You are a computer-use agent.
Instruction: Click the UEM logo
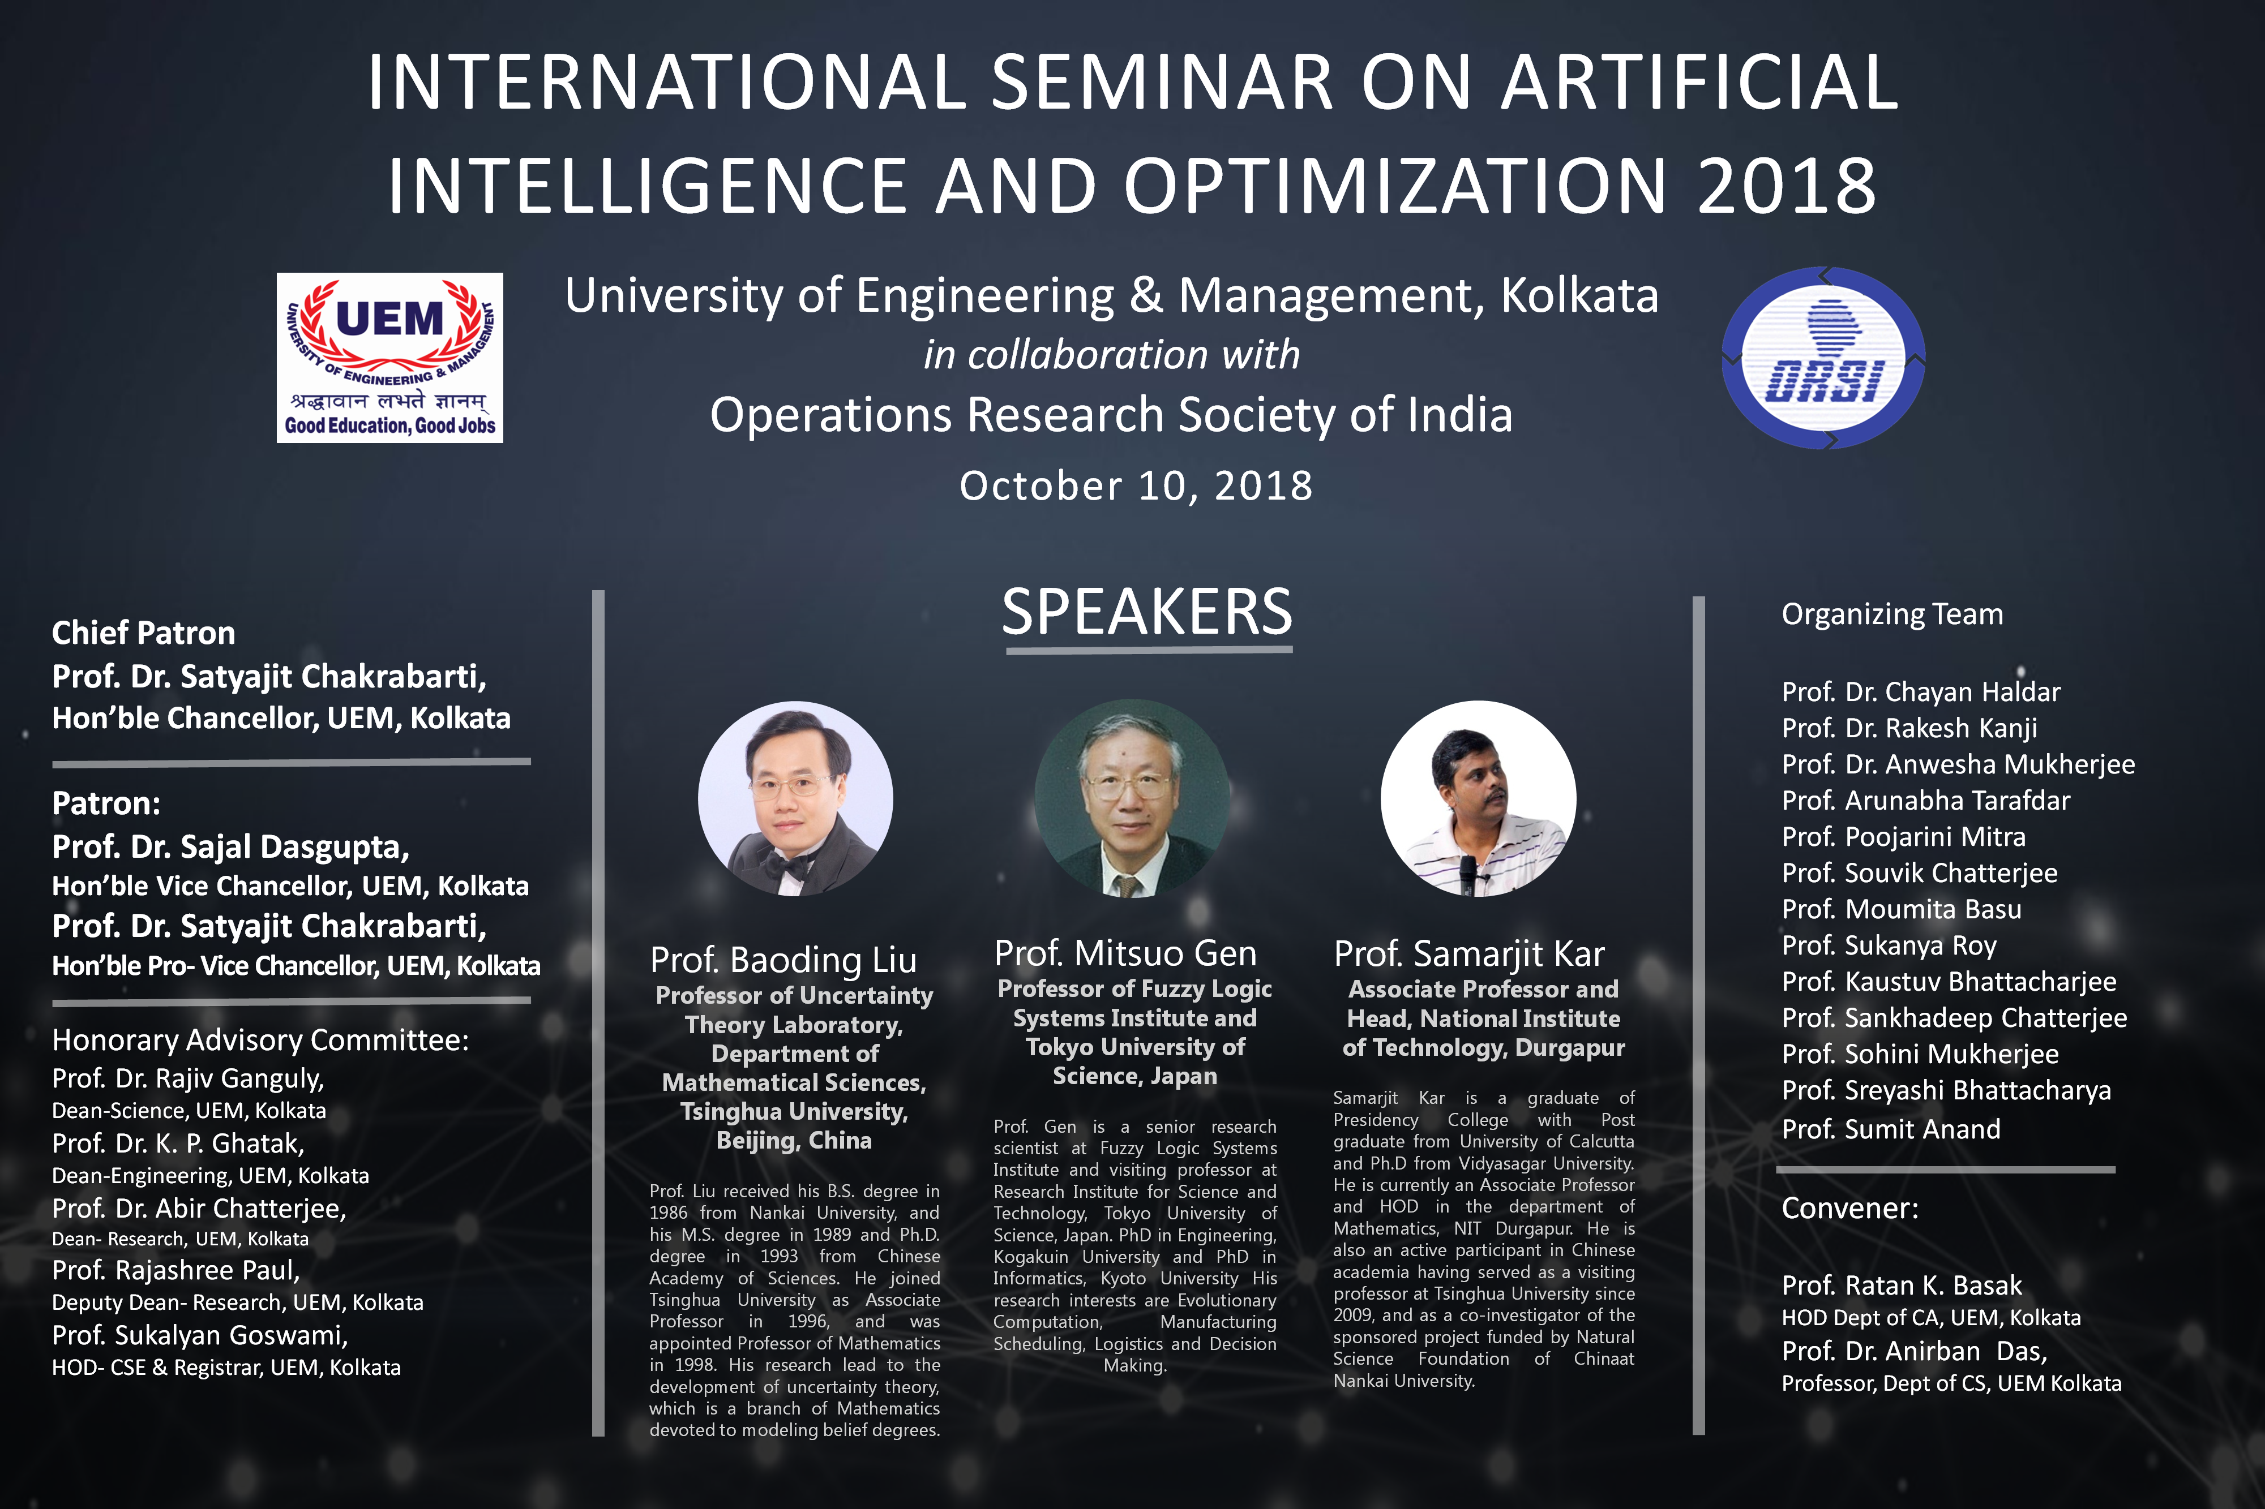[390, 358]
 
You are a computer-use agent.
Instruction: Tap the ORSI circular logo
[1823, 358]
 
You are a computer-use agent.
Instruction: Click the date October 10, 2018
[1136, 486]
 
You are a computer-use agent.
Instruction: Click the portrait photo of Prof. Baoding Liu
[795, 799]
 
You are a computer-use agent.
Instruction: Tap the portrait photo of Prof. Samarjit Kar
[1479, 799]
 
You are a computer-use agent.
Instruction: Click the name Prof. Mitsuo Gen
[1125, 954]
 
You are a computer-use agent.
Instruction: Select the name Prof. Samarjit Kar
[1469, 955]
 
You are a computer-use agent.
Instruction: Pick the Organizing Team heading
[1893, 614]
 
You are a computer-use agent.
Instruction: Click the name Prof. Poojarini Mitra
[1904, 837]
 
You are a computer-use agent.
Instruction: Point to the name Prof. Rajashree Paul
[176, 1271]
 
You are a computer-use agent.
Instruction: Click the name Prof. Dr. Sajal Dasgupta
[231, 847]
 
